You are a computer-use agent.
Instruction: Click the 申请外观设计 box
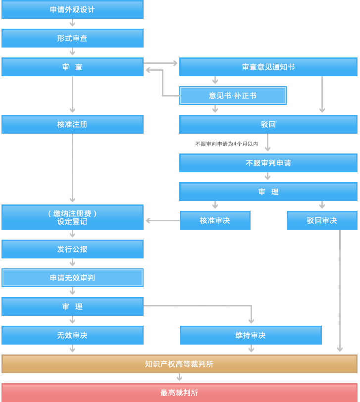(72, 9)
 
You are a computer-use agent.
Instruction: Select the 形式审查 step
(72, 38)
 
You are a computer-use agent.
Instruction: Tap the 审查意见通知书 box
(268, 67)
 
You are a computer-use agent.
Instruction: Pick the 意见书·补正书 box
(233, 96)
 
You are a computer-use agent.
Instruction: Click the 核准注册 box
(72, 124)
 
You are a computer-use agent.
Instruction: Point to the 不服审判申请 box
(268, 163)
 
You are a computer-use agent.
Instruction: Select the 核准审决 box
(215, 220)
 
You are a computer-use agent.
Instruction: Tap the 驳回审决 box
(322, 220)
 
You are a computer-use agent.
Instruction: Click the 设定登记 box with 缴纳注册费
(72, 217)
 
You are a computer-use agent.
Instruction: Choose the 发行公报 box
(72, 249)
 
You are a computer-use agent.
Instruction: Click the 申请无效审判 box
(72, 278)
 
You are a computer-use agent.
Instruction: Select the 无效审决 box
(72, 335)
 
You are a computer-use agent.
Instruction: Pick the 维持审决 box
(251, 335)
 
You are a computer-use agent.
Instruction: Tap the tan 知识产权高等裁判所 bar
(179, 364)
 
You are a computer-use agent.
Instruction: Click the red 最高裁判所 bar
(179, 393)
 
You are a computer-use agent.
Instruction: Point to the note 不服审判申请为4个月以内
(226, 144)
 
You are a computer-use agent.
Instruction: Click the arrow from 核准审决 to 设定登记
(162, 221)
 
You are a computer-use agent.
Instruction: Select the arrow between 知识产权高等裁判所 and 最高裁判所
(179, 378)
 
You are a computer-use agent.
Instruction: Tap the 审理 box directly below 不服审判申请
(268, 192)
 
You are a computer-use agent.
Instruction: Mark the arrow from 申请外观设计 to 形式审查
(72, 23)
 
